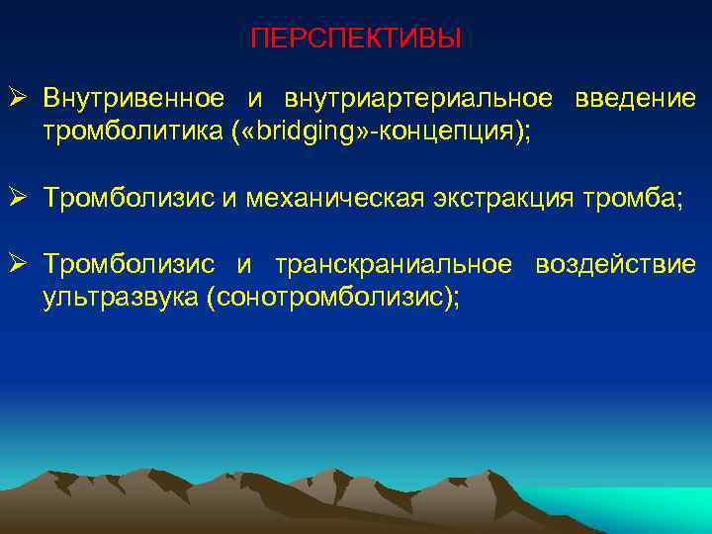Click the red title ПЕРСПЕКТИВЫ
point(356,39)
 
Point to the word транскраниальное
point(394,265)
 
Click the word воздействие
point(615,265)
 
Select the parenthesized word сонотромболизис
point(330,297)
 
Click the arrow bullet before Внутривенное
point(24,100)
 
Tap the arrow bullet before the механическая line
point(24,198)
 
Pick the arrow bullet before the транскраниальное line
point(24,265)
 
